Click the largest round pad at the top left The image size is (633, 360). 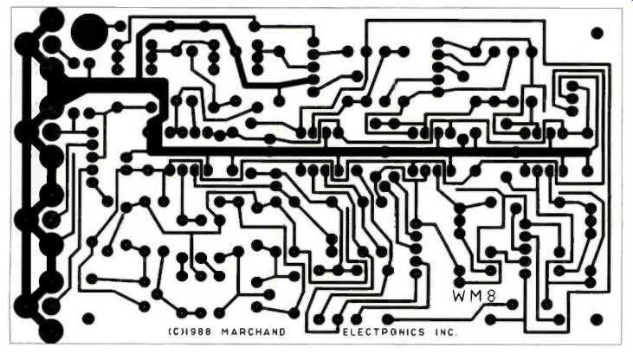coord(90,33)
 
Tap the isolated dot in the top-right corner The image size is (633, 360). coord(597,34)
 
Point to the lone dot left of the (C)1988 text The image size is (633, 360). coord(87,318)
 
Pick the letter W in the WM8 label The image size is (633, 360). coord(459,295)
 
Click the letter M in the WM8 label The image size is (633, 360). coord(476,295)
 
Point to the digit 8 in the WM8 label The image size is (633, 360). coord(492,295)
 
